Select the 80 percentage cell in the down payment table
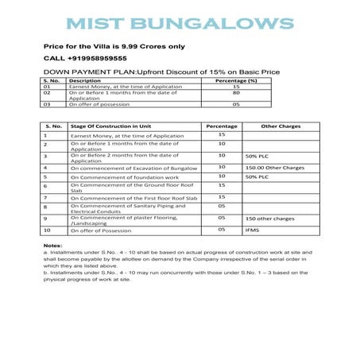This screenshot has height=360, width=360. click(236, 92)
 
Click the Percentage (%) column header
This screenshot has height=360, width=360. click(236, 80)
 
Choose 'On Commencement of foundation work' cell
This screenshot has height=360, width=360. click(120, 176)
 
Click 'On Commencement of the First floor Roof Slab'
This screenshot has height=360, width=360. click(131, 196)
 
